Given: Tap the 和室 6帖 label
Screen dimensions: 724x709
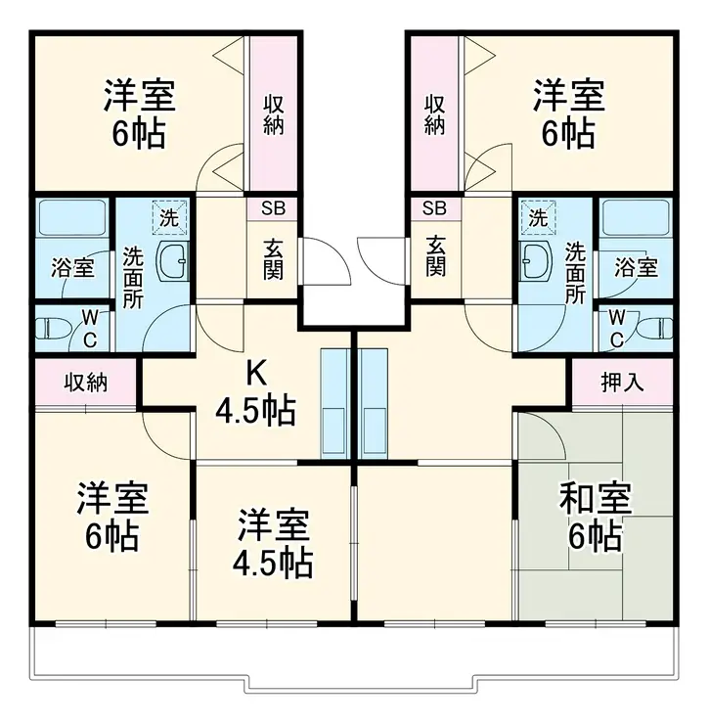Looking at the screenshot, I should tap(595, 518).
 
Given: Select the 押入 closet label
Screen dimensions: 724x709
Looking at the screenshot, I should tap(622, 382).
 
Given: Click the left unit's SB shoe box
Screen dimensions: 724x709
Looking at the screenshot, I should tap(273, 208).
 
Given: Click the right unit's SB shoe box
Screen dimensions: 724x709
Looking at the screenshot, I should tap(434, 208).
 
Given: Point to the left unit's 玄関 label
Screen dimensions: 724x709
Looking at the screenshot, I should tap(273, 257).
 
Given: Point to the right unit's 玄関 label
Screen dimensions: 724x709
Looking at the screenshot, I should tap(435, 257).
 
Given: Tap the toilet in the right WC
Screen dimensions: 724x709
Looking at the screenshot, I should tap(656, 328).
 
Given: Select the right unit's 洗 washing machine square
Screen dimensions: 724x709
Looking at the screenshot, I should tap(538, 218).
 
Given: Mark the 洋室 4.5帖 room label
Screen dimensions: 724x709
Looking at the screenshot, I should tap(274, 544).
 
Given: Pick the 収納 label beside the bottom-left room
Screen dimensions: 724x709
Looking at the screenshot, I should tap(85, 382).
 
